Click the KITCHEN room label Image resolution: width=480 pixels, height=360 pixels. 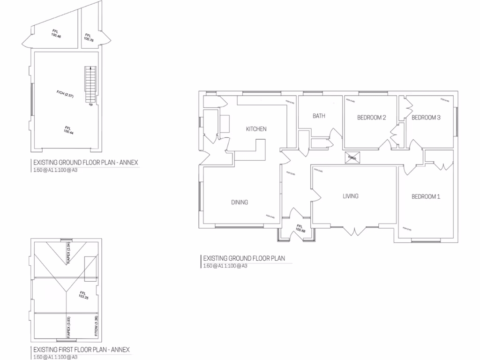click(256, 129)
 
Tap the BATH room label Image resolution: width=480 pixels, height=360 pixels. click(319, 116)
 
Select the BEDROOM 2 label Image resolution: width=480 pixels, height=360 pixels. click(371, 118)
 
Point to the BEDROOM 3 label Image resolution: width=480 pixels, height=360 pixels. click(426, 118)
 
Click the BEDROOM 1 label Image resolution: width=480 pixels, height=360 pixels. click(426, 196)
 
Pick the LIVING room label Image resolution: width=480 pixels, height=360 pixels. click(350, 196)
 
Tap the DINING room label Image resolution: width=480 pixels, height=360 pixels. click(240, 202)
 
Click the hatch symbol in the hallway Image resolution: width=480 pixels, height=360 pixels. click(352, 158)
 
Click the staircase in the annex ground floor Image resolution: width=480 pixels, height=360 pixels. click(90, 85)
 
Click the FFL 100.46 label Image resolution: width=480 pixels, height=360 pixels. click(56, 34)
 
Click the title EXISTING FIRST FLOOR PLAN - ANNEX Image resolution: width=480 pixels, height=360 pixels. click(81, 350)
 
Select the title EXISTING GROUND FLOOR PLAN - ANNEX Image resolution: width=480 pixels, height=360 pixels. click(85, 163)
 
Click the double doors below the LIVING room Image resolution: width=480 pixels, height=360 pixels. click(355, 230)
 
